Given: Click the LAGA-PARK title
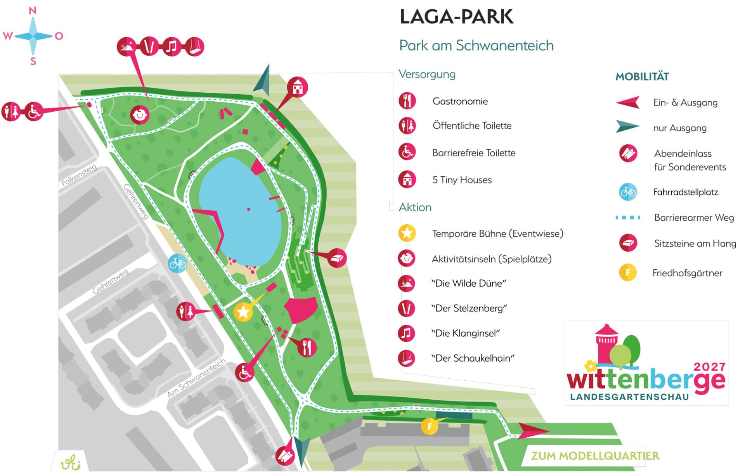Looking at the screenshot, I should tap(456, 17).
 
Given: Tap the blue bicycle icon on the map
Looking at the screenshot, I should tap(177, 264).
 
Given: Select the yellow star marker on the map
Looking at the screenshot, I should tap(243, 312).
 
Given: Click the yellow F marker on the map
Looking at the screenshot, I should tap(430, 427).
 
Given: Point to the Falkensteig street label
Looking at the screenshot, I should tap(79, 175).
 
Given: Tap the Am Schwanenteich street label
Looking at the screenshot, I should tap(196, 378).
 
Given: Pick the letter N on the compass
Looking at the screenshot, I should tap(33, 10).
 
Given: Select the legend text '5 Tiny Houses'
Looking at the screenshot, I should tap(462, 180).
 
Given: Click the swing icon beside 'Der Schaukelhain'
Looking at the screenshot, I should tap(407, 358).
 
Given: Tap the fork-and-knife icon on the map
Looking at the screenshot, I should tap(307, 347).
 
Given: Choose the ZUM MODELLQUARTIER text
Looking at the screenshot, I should tap(595, 456).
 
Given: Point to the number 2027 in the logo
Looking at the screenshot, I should tap(709, 367).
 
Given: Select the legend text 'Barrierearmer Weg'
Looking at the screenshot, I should tap(694, 218).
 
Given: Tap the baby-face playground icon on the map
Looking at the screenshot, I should tap(140, 114).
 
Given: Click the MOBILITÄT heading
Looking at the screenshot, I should tap(642, 77).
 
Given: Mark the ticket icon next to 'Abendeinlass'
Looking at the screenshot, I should tap(628, 154).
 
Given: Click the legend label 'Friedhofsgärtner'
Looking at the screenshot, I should tap(687, 273).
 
